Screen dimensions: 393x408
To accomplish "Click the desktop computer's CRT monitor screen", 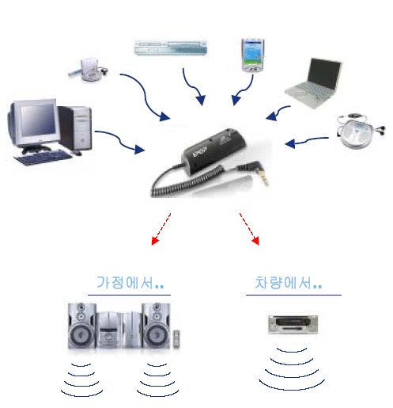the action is click(x=38, y=120).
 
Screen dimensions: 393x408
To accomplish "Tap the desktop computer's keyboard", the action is click(x=43, y=158).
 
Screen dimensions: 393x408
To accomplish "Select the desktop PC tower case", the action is click(x=75, y=128).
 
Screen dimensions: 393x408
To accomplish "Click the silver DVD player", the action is click(x=171, y=48).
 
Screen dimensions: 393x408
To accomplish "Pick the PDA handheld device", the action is click(x=252, y=55).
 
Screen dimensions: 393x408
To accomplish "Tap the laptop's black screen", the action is click(x=323, y=74).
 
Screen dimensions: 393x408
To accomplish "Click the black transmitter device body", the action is click(x=214, y=151).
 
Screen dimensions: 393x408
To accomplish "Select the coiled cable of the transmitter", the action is click(x=184, y=182).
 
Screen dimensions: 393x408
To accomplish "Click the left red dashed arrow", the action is click(x=161, y=229).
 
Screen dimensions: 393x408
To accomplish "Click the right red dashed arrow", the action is click(x=249, y=229).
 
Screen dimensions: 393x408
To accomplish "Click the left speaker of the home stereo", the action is click(x=81, y=326).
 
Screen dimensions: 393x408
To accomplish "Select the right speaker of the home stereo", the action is click(x=156, y=326).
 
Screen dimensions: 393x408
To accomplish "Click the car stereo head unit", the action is click(x=293, y=324).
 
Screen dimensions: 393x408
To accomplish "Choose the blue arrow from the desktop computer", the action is click(x=120, y=141).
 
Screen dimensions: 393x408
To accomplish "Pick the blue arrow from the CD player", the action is click(x=307, y=142).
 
